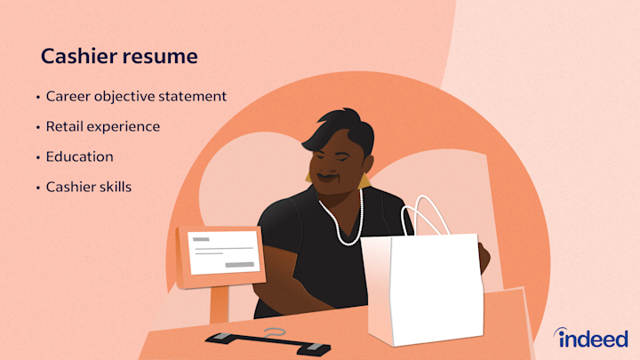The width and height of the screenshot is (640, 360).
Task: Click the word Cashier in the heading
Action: [x=76, y=57]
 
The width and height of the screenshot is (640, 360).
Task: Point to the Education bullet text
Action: [x=79, y=156]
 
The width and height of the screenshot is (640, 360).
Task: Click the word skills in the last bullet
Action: [x=116, y=188]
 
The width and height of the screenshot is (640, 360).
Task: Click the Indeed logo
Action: [x=591, y=338]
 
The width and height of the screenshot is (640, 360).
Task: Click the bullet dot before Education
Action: [x=37, y=157]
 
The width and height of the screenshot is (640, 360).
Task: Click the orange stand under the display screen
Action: [x=219, y=302]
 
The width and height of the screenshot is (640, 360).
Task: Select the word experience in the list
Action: [x=124, y=127]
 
